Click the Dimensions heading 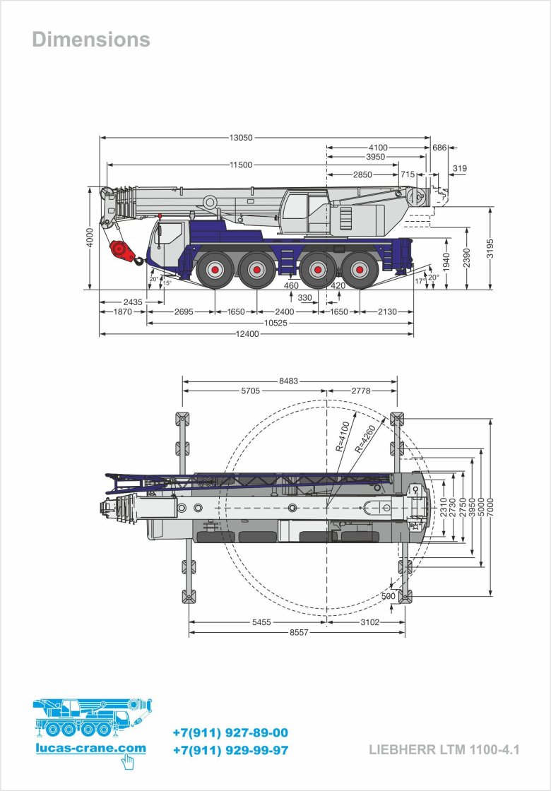pyautogui.click(x=91, y=40)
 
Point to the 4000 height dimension pyautogui.click(x=90, y=237)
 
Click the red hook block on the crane pyautogui.click(x=121, y=251)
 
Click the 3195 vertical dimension pyautogui.click(x=490, y=248)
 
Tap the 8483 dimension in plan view pyautogui.click(x=288, y=381)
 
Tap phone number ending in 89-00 pyautogui.click(x=230, y=733)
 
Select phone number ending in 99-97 pyautogui.click(x=230, y=751)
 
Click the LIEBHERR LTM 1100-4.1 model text pyautogui.click(x=444, y=750)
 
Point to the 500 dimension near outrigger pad pyautogui.click(x=389, y=596)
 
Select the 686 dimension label pyautogui.click(x=439, y=148)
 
